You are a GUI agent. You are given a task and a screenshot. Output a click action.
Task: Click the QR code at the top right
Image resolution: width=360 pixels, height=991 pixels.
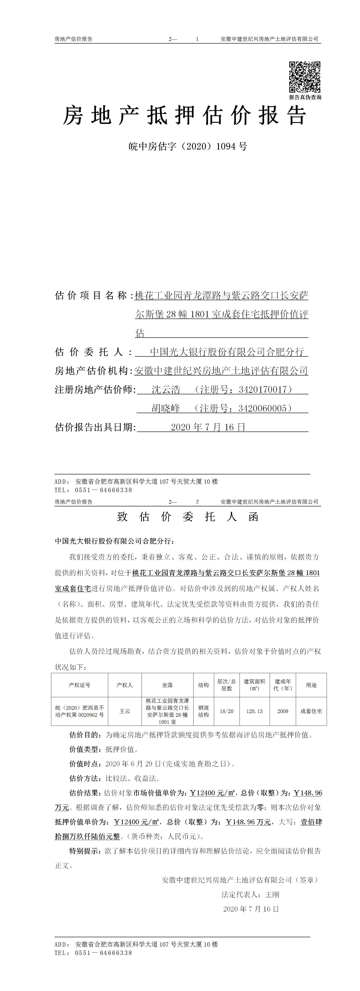point(305,76)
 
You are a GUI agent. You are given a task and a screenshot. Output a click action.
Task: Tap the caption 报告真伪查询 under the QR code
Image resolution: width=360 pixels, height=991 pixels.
point(305,97)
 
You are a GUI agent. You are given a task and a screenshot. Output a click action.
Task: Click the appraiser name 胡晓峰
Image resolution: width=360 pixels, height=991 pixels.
point(166,408)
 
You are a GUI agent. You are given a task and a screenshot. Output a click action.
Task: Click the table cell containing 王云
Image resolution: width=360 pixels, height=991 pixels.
point(125,711)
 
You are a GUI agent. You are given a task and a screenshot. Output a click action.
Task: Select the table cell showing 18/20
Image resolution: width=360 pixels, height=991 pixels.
point(227,711)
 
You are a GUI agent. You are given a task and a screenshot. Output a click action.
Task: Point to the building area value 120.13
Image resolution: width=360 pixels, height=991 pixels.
point(254,711)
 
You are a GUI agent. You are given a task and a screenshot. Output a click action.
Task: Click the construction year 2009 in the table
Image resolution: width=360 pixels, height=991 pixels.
point(283,711)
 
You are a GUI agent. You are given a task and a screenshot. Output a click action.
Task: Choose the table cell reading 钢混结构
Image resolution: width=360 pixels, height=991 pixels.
point(203,711)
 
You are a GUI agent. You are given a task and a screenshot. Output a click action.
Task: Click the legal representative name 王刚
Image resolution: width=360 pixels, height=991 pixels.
point(273,895)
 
